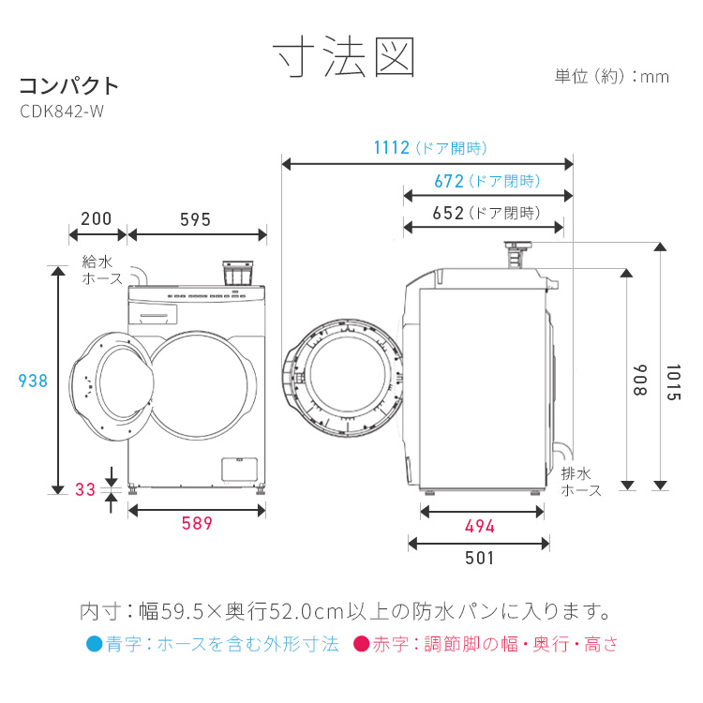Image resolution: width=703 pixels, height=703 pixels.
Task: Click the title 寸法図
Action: pyautogui.click(x=344, y=58)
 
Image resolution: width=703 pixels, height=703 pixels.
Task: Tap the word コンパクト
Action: pyautogui.click(x=69, y=85)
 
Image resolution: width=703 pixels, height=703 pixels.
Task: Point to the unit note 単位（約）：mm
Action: pyautogui.click(x=611, y=77)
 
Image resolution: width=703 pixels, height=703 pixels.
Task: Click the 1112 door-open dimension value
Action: pyautogui.click(x=391, y=148)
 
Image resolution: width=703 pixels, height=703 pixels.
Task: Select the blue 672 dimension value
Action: pyautogui.click(x=449, y=181)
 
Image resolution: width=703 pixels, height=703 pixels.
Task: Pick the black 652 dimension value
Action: pyautogui.click(x=449, y=213)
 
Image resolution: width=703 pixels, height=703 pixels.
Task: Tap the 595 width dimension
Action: pyautogui.click(x=195, y=219)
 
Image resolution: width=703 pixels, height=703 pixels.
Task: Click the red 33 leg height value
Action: pyautogui.click(x=85, y=489)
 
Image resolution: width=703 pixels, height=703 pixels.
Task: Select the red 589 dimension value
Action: pyautogui.click(x=197, y=524)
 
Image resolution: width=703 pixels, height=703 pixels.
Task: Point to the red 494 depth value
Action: pyautogui.click(x=480, y=526)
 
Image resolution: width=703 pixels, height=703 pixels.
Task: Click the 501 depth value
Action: pyautogui.click(x=479, y=558)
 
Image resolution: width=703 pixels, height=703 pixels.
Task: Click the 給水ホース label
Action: pyautogui.click(x=102, y=270)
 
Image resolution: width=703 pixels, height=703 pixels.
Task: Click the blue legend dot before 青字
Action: pyautogui.click(x=92, y=645)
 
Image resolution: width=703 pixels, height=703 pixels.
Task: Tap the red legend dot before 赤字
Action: pyautogui.click(x=360, y=645)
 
